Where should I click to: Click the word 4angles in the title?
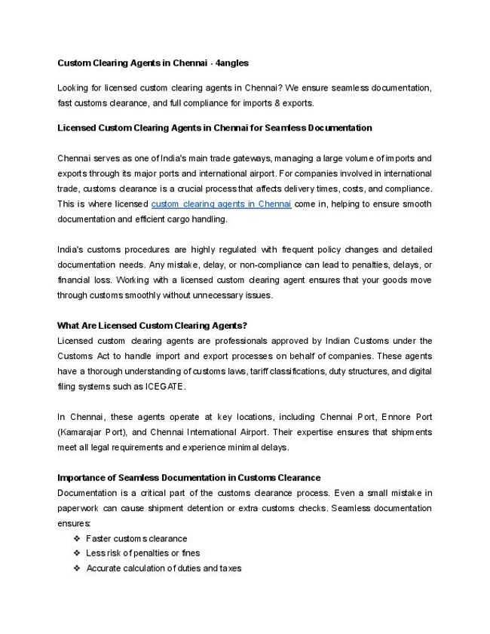click(x=231, y=63)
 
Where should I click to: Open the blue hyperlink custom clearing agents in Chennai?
click(x=221, y=204)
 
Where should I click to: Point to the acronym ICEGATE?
click(x=164, y=386)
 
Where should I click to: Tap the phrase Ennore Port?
click(x=406, y=417)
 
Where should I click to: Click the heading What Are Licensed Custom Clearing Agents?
click(x=152, y=326)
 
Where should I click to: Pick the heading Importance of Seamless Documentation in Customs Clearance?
click(x=188, y=478)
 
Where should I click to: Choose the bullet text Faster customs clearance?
click(x=136, y=538)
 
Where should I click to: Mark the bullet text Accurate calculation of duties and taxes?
click(x=164, y=568)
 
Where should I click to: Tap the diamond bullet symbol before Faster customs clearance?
click(x=77, y=538)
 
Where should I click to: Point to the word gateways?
click(x=250, y=158)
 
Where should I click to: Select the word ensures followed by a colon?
click(x=74, y=523)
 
